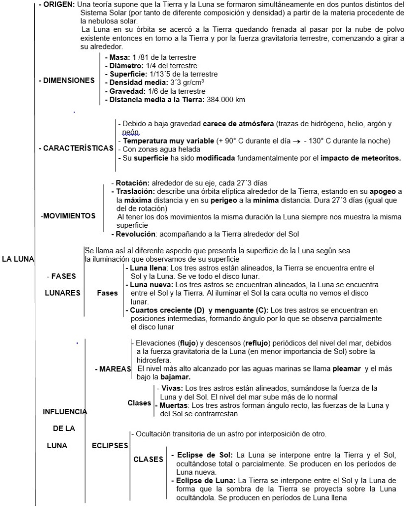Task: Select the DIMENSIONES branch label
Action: (x=67, y=80)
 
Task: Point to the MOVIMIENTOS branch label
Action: (x=69, y=216)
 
